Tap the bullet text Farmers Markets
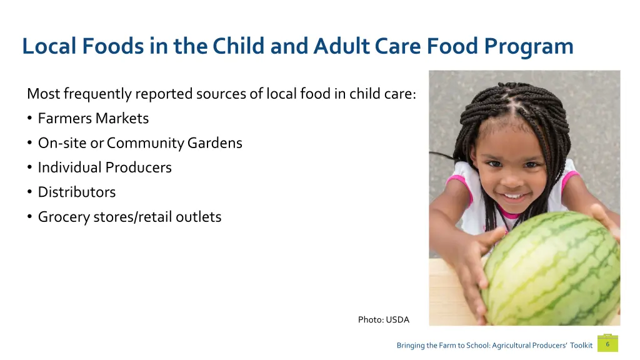tap(93, 118)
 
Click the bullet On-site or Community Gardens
tap(140, 143)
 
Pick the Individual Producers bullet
tap(104, 167)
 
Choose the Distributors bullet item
tap(77, 192)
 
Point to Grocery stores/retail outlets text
tap(129, 217)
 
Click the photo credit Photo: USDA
tap(383, 319)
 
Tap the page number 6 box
tap(607, 344)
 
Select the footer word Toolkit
tap(581, 345)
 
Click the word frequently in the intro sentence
tap(97, 94)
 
